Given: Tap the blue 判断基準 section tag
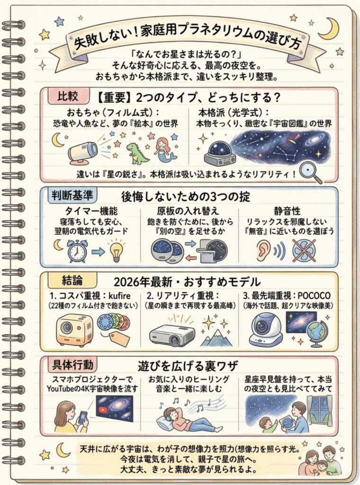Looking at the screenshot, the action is pos(72,196).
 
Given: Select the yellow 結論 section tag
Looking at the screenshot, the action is pos(72,280).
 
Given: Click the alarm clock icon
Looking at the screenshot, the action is pos(77,251).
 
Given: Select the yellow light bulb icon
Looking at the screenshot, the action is pos(117,251).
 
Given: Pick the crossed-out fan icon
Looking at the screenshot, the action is pos(304,250).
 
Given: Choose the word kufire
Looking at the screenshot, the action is pos(120,296).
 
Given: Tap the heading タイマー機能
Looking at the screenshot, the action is pos(91,211).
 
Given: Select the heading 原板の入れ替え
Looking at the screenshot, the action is pos(188,211).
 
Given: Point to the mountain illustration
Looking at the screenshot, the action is pos(216,337).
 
